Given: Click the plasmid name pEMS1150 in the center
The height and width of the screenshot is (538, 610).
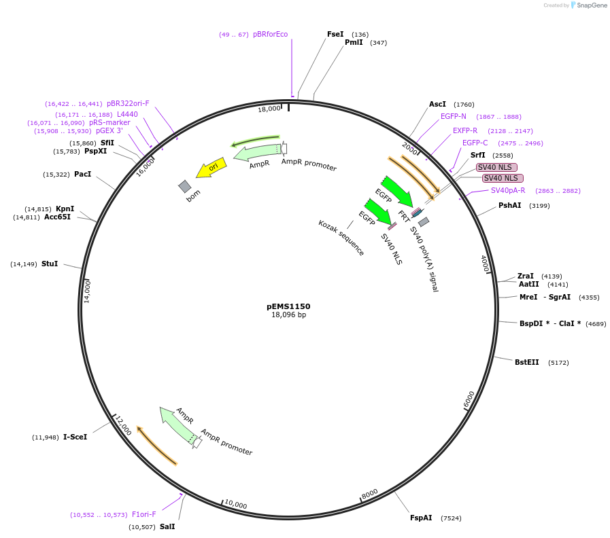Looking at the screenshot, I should (288, 306).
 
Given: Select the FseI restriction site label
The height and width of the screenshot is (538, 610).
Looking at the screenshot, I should (335, 34).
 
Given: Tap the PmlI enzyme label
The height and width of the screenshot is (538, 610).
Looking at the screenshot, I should (354, 43).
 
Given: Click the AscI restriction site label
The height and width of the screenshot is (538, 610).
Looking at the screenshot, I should (437, 105).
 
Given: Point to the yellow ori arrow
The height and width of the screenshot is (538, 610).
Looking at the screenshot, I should (211, 168).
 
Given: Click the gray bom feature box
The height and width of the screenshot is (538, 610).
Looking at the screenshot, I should (185, 186).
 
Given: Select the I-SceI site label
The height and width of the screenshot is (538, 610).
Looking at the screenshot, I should (75, 437).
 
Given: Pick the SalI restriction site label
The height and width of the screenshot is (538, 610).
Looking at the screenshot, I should (167, 526).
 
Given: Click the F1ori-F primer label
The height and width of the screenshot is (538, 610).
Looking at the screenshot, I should (143, 514).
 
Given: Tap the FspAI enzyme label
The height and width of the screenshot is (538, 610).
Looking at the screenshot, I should (421, 518).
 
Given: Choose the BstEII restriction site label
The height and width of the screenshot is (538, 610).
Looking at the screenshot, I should (526, 362).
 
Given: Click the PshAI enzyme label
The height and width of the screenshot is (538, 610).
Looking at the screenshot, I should (510, 205).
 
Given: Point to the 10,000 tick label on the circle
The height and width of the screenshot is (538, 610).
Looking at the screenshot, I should (235, 505).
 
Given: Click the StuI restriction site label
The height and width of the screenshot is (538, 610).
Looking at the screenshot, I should (50, 264).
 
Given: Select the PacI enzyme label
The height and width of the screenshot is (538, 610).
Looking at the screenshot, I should (82, 175).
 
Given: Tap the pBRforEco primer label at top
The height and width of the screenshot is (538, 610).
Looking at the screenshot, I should (270, 34).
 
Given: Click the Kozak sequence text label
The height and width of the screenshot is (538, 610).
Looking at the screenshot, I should (341, 238).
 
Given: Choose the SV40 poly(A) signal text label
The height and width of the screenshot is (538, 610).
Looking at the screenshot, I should (424, 259).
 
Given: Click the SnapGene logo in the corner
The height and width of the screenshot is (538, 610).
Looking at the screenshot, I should (587, 5).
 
